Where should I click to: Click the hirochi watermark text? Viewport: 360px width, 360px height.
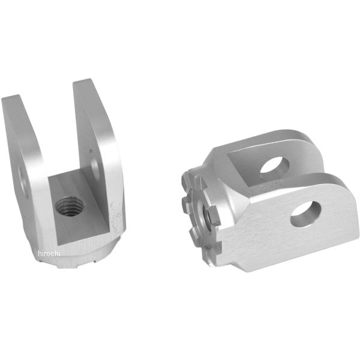(49, 253)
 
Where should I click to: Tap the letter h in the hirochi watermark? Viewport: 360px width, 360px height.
(40, 253)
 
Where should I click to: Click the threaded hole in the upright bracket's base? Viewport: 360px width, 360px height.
(70, 206)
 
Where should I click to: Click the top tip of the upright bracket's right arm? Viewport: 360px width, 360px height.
(83, 81)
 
